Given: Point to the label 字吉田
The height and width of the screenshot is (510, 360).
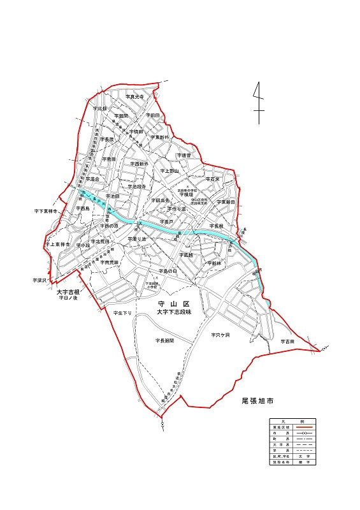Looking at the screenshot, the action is pos(287,342).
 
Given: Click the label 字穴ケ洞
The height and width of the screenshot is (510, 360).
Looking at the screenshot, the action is pos(220,335).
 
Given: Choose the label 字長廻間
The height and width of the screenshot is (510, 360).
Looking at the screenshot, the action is pos(164,341).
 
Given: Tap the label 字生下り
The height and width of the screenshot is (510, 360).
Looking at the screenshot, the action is pos(122,314).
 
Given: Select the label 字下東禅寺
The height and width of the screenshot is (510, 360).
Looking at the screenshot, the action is pos(46,210).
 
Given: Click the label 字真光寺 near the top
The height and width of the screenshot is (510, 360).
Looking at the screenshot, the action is pos(135,96).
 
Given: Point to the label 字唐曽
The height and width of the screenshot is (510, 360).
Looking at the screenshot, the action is pos(184,155).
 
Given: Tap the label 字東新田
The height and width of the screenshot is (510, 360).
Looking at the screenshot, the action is pos(226,201).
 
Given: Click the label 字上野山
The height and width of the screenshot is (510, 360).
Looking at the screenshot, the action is pos(170,171).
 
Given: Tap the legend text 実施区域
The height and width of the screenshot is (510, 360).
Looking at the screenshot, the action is pos(278,427).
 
